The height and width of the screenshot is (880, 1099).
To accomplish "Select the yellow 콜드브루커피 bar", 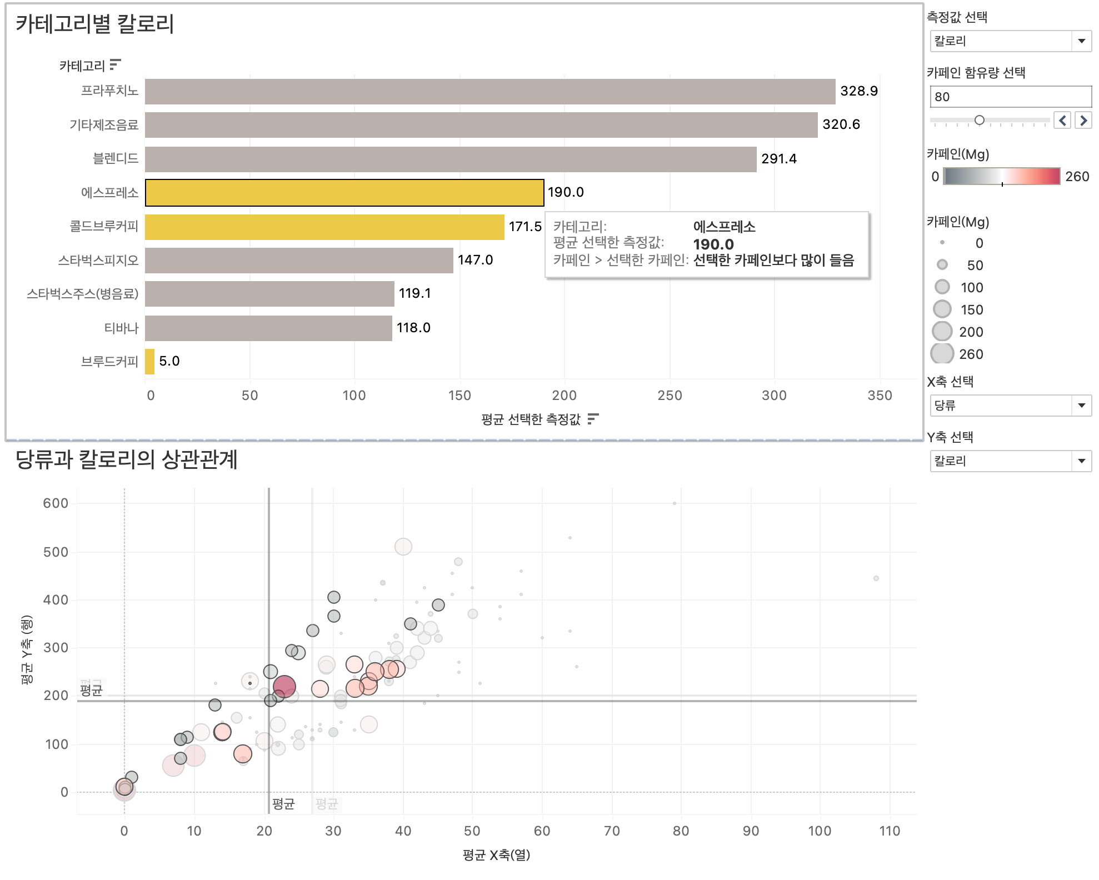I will (324, 227).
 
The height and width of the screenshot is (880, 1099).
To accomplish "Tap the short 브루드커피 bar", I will (149, 362).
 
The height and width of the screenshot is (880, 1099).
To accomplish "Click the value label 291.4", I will (778, 159).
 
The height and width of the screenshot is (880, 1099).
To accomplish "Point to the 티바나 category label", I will (121, 328).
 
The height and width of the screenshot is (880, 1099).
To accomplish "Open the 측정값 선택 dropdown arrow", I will (1081, 41).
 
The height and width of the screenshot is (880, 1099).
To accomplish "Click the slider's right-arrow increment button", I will (1083, 120).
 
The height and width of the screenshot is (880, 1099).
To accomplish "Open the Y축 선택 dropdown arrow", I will (1081, 461).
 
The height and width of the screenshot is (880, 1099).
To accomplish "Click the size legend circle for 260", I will (942, 354).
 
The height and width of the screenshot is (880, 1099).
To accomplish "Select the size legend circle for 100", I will (942, 287).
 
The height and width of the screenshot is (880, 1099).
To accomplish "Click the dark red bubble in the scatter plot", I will (284, 687).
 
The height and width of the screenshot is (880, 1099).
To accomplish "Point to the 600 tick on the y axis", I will (56, 503).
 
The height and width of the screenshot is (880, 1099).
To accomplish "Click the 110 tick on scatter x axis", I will (889, 831).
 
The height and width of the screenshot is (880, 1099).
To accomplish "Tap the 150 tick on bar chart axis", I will (459, 396).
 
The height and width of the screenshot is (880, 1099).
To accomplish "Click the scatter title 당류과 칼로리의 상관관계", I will (127, 460).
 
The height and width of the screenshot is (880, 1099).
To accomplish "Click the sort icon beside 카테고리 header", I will (115, 65).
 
